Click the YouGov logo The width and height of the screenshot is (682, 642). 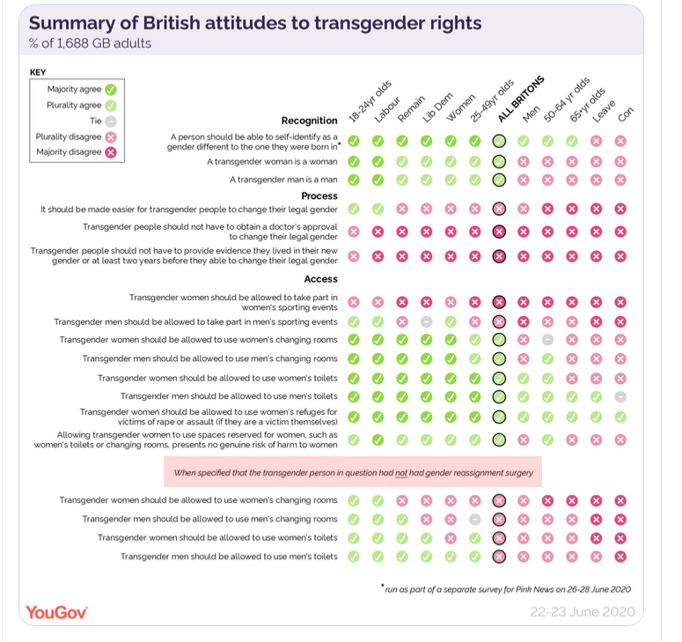click(x=56, y=612)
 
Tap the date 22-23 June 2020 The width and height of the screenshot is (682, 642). click(x=583, y=612)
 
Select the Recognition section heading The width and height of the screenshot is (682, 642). click(x=309, y=121)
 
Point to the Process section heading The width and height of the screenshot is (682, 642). click(x=319, y=196)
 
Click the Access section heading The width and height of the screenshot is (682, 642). click(x=321, y=279)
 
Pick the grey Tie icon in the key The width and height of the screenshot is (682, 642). click(x=111, y=122)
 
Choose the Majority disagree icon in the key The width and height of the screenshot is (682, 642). click(x=111, y=152)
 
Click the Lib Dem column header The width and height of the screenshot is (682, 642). click(x=437, y=107)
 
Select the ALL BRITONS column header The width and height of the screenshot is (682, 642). click(x=521, y=100)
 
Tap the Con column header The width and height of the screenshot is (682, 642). click(x=626, y=114)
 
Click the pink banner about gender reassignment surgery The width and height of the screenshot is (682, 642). click(x=353, y=472)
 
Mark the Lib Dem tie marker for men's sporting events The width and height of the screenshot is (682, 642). click(x=426, y=321)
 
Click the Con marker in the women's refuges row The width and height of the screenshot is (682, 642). click(x=620, y=417)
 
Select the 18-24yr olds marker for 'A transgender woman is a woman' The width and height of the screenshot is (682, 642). click(x=354, y=161)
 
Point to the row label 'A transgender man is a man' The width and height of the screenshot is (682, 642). click(x=283, y=180)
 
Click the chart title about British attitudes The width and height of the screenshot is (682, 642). click(x=255, y=23)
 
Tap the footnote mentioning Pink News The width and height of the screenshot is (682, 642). click(x=506, y=589)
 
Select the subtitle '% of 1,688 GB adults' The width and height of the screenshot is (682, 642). click(x=90, y=43)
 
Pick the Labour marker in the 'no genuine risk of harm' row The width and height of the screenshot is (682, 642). click(x=378, y=440)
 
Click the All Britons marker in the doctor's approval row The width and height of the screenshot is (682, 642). click(x=499, y=232)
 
